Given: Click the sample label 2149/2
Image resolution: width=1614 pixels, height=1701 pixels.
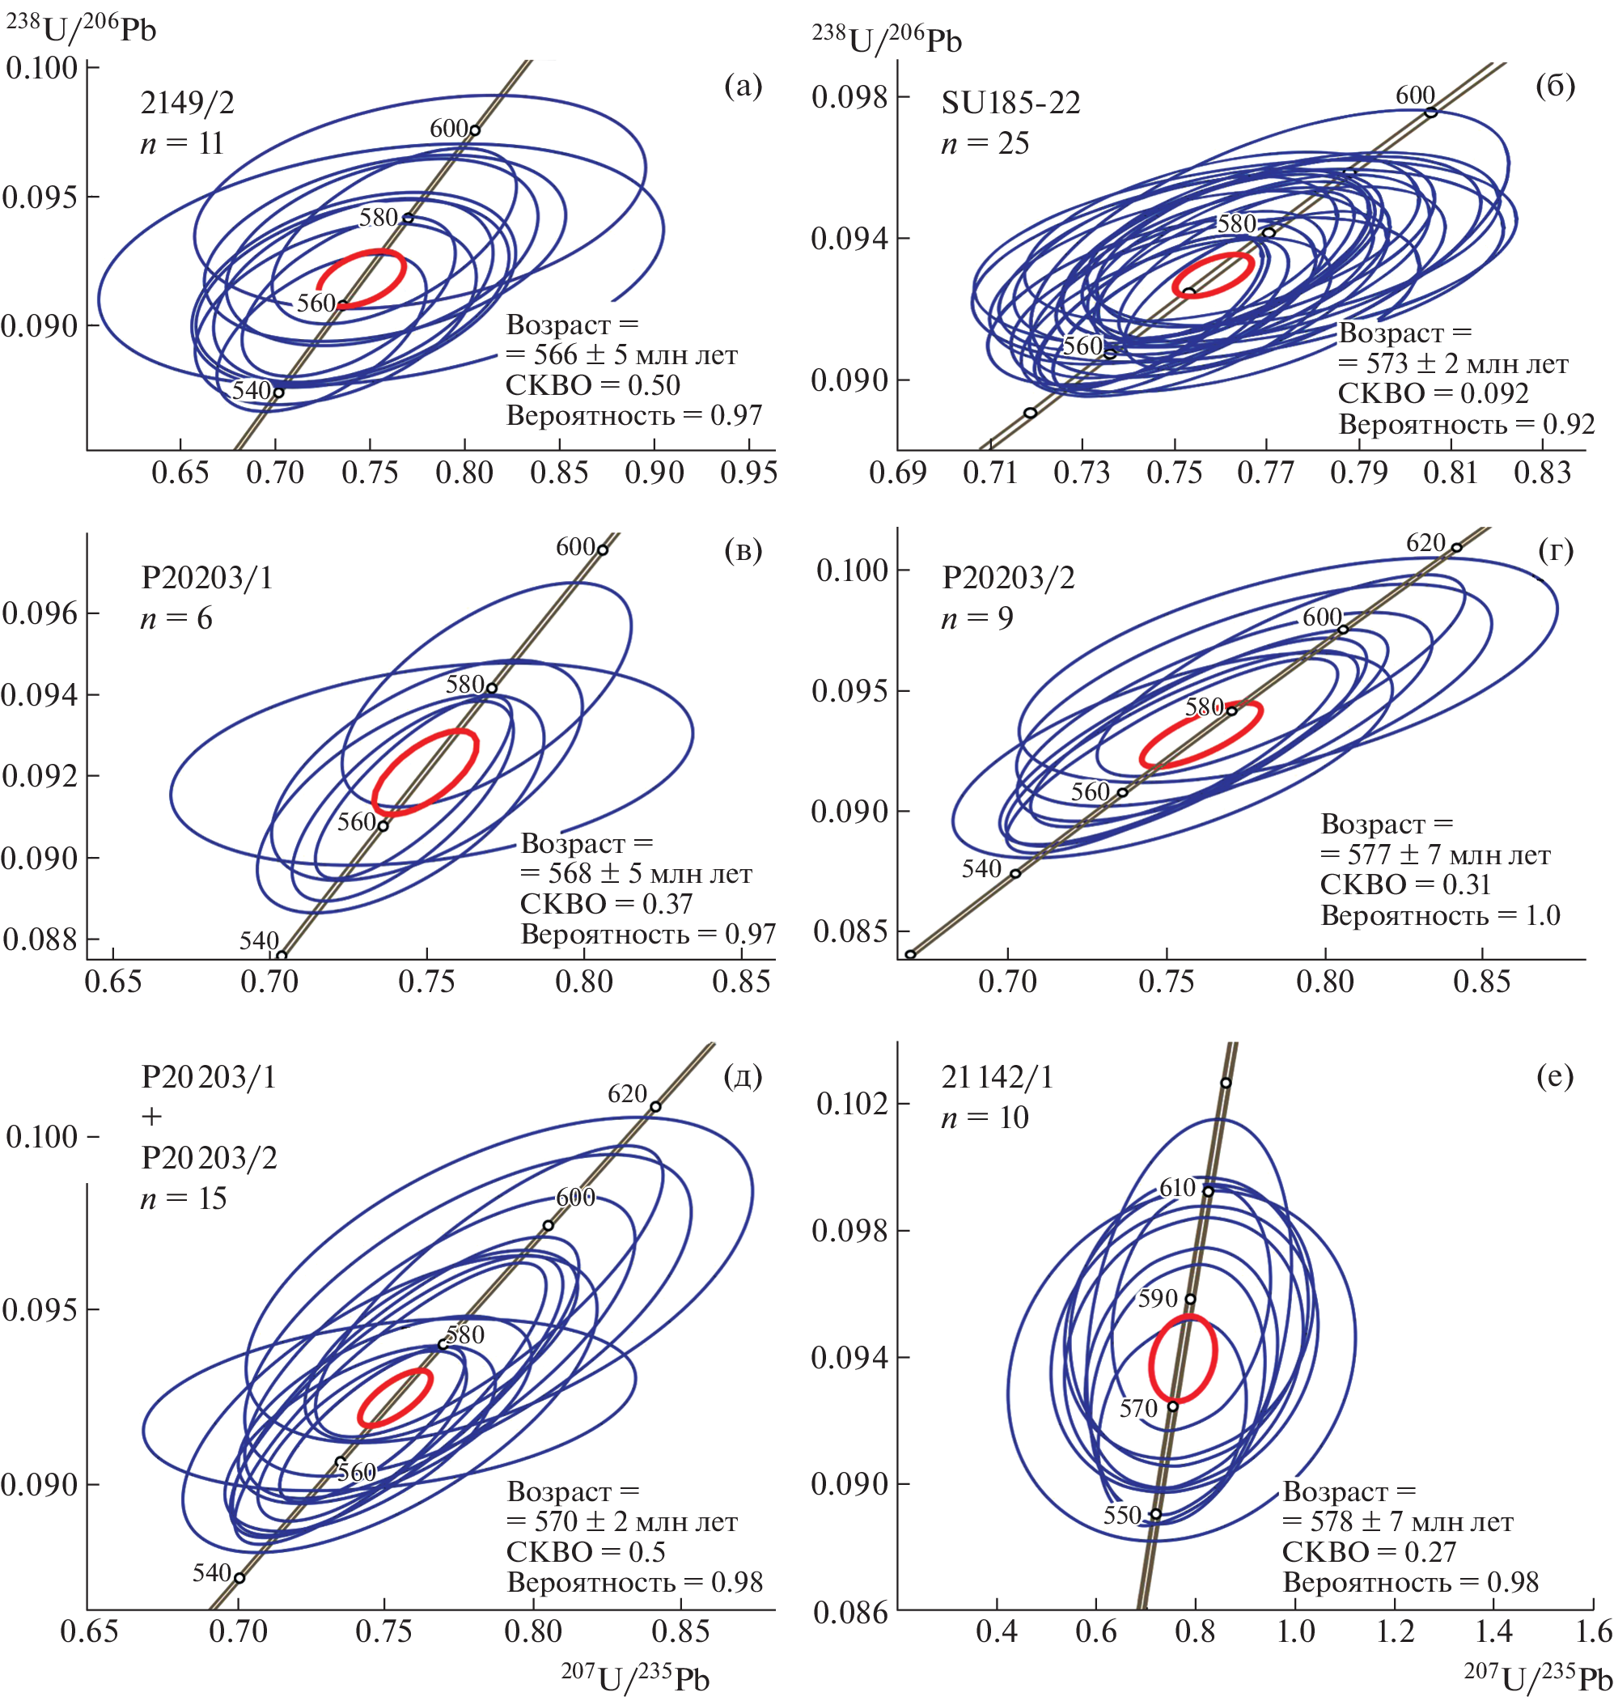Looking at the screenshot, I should [x=187, y=104].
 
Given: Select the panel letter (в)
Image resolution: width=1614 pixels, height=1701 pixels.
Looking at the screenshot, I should [x=743, y=550].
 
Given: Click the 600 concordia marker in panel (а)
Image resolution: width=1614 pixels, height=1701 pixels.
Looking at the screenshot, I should [x=474, y=131].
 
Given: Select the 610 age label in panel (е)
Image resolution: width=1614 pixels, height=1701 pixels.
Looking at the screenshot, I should [x=1178, y=1188].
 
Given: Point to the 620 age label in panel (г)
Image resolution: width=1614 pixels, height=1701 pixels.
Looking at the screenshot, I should [x=1425, y=543].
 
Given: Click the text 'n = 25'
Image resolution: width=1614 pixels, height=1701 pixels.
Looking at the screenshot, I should [x=985, y=144].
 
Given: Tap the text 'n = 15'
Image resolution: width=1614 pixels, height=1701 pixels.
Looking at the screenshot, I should [x=184, y=1198].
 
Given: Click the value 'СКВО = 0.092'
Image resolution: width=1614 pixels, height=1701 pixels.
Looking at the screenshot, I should [x=1433, y=394].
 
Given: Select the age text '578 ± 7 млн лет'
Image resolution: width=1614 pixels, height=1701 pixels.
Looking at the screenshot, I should [x=1411, y=1522].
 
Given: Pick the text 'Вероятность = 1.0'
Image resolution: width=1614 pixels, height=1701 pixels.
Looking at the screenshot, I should [x=1440, y=915].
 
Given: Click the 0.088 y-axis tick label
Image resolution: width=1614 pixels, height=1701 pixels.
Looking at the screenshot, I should [x=40, y=940].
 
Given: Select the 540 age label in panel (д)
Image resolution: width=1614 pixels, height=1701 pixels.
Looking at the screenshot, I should [x=212, y=1573].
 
